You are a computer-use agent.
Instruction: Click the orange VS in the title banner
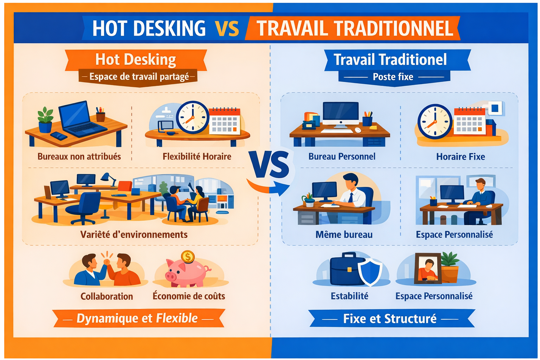(x=227, y=28)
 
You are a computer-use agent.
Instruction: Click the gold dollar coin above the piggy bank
(x=188, y=257)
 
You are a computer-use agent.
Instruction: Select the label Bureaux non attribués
(x=79, y=156)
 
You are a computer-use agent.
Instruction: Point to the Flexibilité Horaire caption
(x=197, y=156)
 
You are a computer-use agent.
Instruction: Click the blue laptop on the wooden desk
(x=81, y=120)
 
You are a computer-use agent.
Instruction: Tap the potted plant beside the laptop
(x=45, y=120)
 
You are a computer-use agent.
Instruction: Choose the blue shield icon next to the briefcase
(x=370, y=272)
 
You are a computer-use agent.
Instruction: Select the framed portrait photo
(x=428, y=268)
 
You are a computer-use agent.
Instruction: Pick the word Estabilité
(x=349, y=296)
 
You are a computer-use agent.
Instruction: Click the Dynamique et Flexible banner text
(x=137, y=318)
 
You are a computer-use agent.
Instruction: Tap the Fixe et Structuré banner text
(x=390, y=319)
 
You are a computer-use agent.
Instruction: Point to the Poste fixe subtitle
(x=393, y=77)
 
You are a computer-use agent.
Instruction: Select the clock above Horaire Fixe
(x=435, y=122)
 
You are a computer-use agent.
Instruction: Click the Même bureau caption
(x=344, y=234)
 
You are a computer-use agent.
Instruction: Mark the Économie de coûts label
(x=189, y=296)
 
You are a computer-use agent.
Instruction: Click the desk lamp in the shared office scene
(x=109, y=179)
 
